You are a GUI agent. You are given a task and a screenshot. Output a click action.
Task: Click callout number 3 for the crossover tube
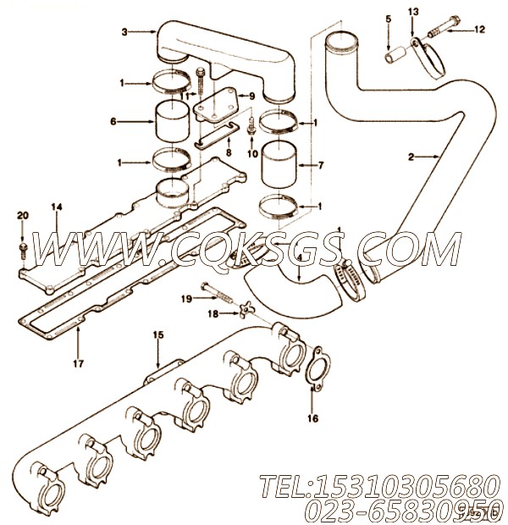point(124,31)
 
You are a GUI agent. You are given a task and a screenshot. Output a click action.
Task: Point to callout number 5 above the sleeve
point(389,19)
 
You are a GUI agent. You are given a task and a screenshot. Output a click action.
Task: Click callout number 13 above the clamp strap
point(413,12)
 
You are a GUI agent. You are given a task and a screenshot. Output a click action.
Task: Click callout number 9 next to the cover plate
point(251,97)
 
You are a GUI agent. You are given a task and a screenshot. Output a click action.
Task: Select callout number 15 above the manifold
point(157,335)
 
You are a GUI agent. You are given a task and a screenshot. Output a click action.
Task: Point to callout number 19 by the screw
point(185,298)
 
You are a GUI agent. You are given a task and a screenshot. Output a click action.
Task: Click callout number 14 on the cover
point(56,207)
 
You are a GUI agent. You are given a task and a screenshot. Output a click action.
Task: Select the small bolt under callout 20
point(22,248)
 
